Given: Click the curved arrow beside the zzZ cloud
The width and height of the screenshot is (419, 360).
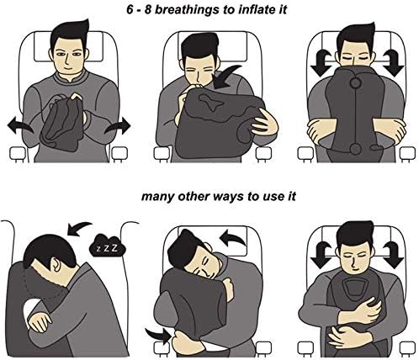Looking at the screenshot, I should (82, 226).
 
